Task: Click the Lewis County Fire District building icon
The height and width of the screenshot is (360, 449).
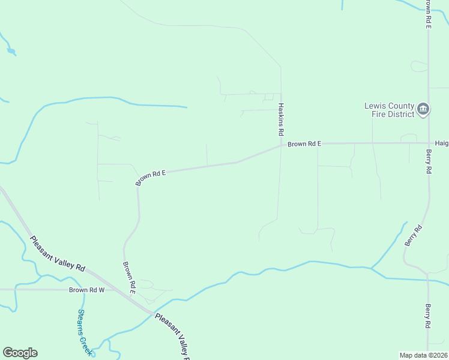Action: coord(423,109)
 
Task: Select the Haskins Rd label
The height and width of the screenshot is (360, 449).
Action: coord(280,118)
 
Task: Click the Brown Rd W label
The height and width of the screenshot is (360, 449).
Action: coord(86,290)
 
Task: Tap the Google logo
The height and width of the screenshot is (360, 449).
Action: coord(20,353)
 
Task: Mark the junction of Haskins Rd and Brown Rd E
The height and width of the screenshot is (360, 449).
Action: coord(281,145)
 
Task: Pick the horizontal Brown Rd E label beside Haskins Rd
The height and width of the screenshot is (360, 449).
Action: coord(304,144)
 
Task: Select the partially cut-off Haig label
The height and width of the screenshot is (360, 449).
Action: coord(442,144)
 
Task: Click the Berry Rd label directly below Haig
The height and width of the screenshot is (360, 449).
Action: coord(429,162)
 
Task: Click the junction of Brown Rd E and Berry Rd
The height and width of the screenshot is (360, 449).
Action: coord(429,143)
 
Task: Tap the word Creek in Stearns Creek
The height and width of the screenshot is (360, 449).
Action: coord(88,343)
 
